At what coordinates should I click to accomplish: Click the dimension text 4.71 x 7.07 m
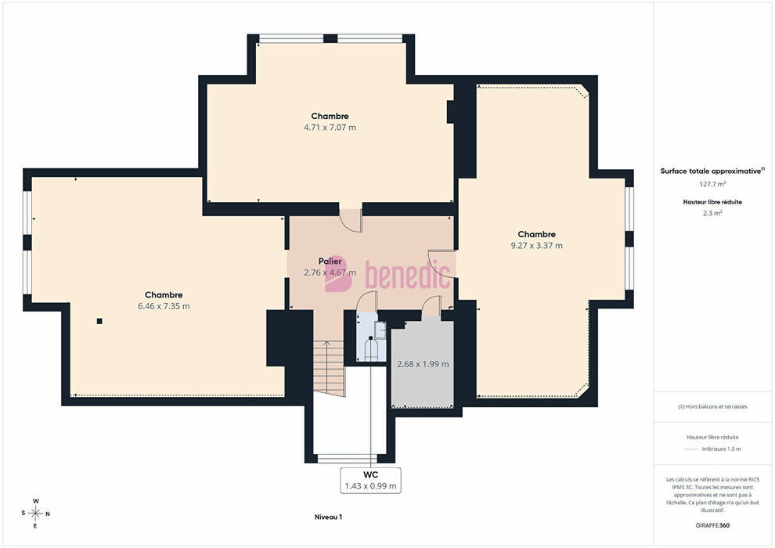[330, 128]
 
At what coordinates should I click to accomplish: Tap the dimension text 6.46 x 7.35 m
[164, 306]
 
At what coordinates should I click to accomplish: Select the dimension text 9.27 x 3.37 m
[536, 246]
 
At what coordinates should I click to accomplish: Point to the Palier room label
[330, 261]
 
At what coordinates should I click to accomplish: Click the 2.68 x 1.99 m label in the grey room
[423, 364]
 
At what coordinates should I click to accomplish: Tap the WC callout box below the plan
[371, 481]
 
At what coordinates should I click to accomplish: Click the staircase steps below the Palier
[329, 368]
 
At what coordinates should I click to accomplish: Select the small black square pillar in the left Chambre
[99, 321]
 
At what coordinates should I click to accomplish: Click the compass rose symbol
[35, 514]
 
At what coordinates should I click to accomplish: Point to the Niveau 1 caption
[328, 517]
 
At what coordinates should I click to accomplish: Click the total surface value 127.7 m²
[712, 184]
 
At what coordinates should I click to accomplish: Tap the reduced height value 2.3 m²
[712, 214]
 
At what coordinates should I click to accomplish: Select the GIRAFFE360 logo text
[712, 525]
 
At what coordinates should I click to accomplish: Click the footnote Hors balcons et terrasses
[712, 406]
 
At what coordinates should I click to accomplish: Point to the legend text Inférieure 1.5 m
[721, 449]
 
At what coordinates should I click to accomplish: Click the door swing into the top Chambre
[351, 221]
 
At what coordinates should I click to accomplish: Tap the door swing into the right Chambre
[442, 265]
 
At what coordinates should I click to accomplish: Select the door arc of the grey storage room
[431, 306]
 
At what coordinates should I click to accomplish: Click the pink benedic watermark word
[408, 274]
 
